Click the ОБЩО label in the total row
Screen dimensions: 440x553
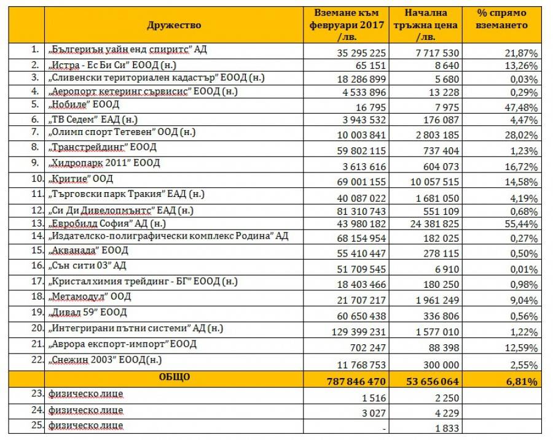pos(174,376)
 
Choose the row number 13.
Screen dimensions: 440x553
pos(36,223)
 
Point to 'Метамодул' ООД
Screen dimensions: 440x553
pos(90,296)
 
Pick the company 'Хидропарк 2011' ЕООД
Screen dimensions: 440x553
pos(104,164)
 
